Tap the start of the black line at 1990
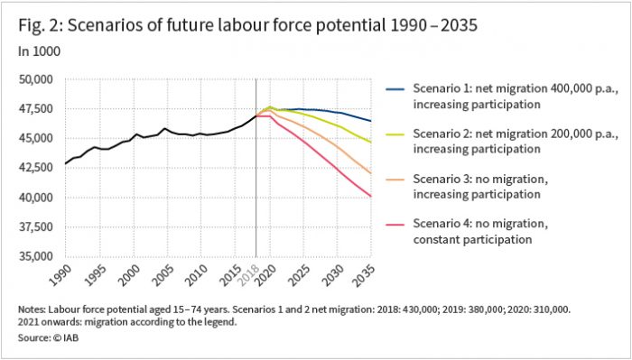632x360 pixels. tap(65, 163)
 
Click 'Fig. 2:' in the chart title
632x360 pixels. tap(38, 25)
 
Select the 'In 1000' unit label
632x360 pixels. tap(36, 52)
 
